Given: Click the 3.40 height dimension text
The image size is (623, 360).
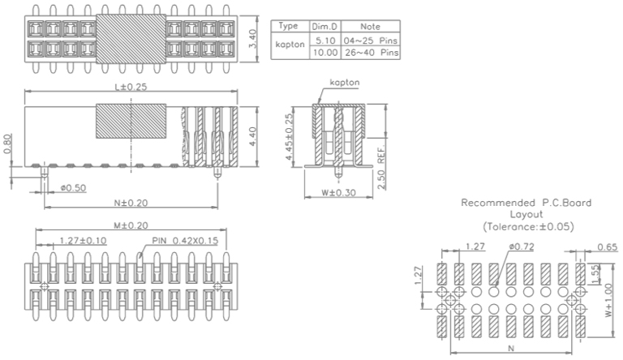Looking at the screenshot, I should tap(253, 39).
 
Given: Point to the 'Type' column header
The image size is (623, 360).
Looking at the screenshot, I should tap(290, 26).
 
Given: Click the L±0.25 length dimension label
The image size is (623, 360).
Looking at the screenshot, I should tap(130, 86).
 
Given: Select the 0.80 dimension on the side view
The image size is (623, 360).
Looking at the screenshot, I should tap(7, 143).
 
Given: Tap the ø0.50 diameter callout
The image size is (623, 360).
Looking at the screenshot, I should tap(73, 187).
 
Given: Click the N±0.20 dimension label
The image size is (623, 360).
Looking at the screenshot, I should tap(130, 202).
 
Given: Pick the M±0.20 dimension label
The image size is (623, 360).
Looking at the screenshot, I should tap(130, 225).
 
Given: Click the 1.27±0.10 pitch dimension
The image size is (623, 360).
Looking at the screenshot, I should tap(82, 240).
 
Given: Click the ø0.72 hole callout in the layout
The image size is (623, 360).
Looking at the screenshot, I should tap(522, 246).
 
